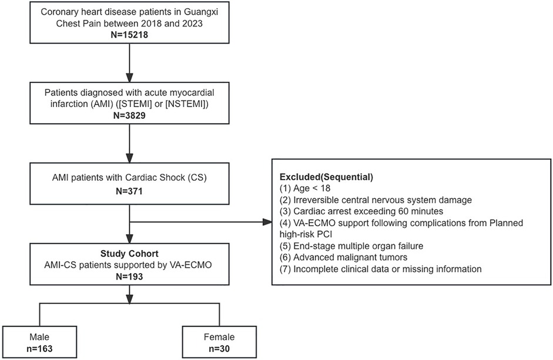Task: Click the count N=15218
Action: pos(129,35)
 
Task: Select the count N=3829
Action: pos(129,115)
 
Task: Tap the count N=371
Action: pos(129,191)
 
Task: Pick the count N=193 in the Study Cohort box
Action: pos(129,277)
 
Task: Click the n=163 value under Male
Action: pos(39,349)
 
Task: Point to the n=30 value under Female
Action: pos(219,349)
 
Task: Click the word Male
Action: pos(39,337)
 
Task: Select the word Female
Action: pos(219,337)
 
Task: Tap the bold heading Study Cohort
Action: pos(129,254)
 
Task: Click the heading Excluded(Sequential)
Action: pos(326,177)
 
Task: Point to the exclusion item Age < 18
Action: pos(305,189)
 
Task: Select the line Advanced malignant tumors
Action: pos(343,257)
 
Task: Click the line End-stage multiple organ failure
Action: pos(351,245)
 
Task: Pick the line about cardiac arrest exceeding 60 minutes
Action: pos(361,211)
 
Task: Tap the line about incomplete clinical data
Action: pos(381,269)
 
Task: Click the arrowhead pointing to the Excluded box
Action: pos(267,222)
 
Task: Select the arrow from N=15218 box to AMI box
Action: pos(129,63)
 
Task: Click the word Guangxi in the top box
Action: pos(201,12)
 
